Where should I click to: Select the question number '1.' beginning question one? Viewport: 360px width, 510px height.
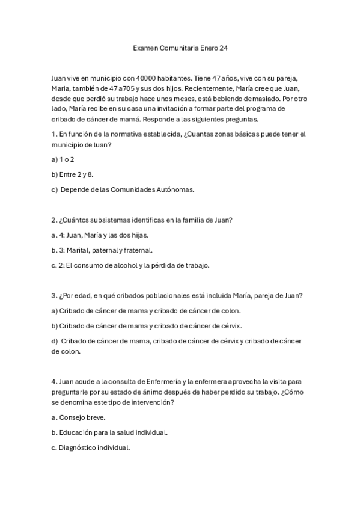pos(54,134)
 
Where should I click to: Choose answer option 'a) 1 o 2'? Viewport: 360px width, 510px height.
pos(63,159)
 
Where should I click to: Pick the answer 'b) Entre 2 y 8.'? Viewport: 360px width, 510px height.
pos(73,174)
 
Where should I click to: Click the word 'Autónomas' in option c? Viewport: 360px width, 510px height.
pos(174,190)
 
